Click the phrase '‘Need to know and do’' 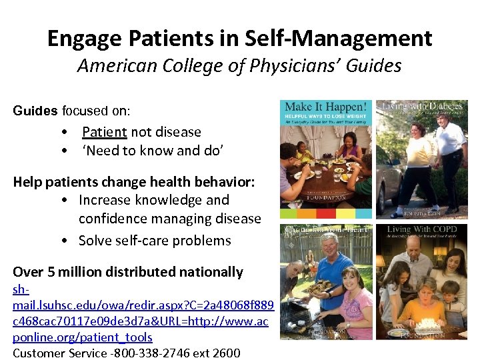(x=153, y=151)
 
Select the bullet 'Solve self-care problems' (x=155, y=241)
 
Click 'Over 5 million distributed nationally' (x=128, y=272)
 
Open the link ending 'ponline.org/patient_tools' (x=83, y=337)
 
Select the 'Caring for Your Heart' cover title (x=325, y=231)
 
